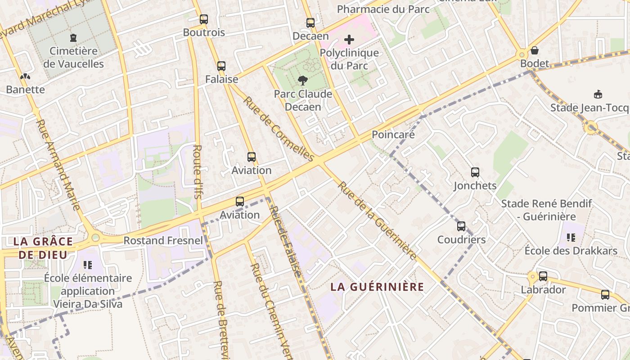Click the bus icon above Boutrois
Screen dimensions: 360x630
coord(204,19)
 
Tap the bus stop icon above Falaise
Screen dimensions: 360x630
coord(221,66)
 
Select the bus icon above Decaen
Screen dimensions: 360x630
coord(310,23)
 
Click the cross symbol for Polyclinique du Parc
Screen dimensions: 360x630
coord(349,40)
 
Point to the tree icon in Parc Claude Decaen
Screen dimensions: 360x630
coord(303,81)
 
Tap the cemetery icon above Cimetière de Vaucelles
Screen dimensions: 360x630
coord(73,38)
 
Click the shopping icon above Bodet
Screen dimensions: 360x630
coord(535,50)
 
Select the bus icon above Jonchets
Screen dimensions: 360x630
coord(475,172)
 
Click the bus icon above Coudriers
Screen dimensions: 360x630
coord(461,226)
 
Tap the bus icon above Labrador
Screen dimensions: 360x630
coord(543,276)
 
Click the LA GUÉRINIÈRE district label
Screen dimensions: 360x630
coord(377,287)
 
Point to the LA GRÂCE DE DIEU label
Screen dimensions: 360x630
coord(43,247)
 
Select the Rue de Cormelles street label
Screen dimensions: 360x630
coord(279,129)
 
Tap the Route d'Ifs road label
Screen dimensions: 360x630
coord(197,171)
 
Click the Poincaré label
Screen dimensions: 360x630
coord(393,135)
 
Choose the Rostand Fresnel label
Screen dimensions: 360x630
coord(163,240)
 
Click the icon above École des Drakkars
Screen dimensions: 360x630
coord(571,237)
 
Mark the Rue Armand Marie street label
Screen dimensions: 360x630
coord(58,165)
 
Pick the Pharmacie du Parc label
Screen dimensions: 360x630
coord(383,9)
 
